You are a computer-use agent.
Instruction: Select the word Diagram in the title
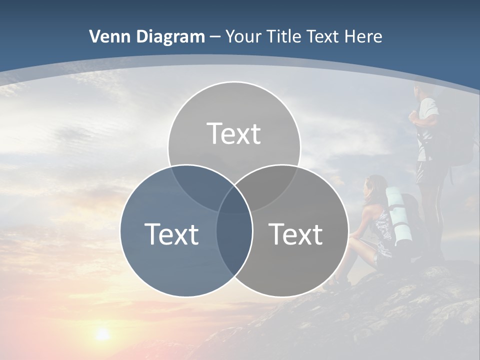170,36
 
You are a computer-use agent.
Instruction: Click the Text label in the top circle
234,133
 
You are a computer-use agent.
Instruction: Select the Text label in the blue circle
171,234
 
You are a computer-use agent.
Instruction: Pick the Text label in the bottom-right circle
296,234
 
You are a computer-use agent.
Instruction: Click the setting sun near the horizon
102,333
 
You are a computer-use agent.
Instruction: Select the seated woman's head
376,186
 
